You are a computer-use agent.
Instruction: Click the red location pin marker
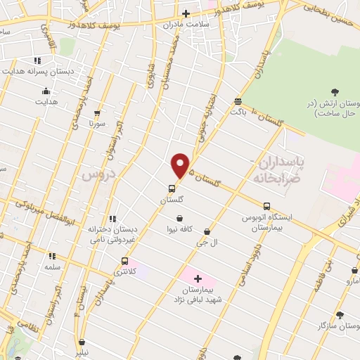[181, 165]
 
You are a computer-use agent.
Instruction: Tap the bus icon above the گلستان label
[172, 188]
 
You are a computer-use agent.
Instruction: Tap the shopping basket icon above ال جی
[207, 231]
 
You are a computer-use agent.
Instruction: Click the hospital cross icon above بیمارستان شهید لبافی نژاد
[198, 278]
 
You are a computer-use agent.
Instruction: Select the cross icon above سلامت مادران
[186, 13]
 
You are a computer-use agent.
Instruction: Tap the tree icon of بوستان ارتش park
[334, 93]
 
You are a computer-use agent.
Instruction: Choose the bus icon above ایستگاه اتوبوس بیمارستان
[266, 206]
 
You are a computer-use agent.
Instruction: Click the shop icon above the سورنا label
[97, 112]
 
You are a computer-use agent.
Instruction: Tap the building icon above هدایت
[46, 91]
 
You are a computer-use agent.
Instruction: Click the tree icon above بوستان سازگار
[340, 316]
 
